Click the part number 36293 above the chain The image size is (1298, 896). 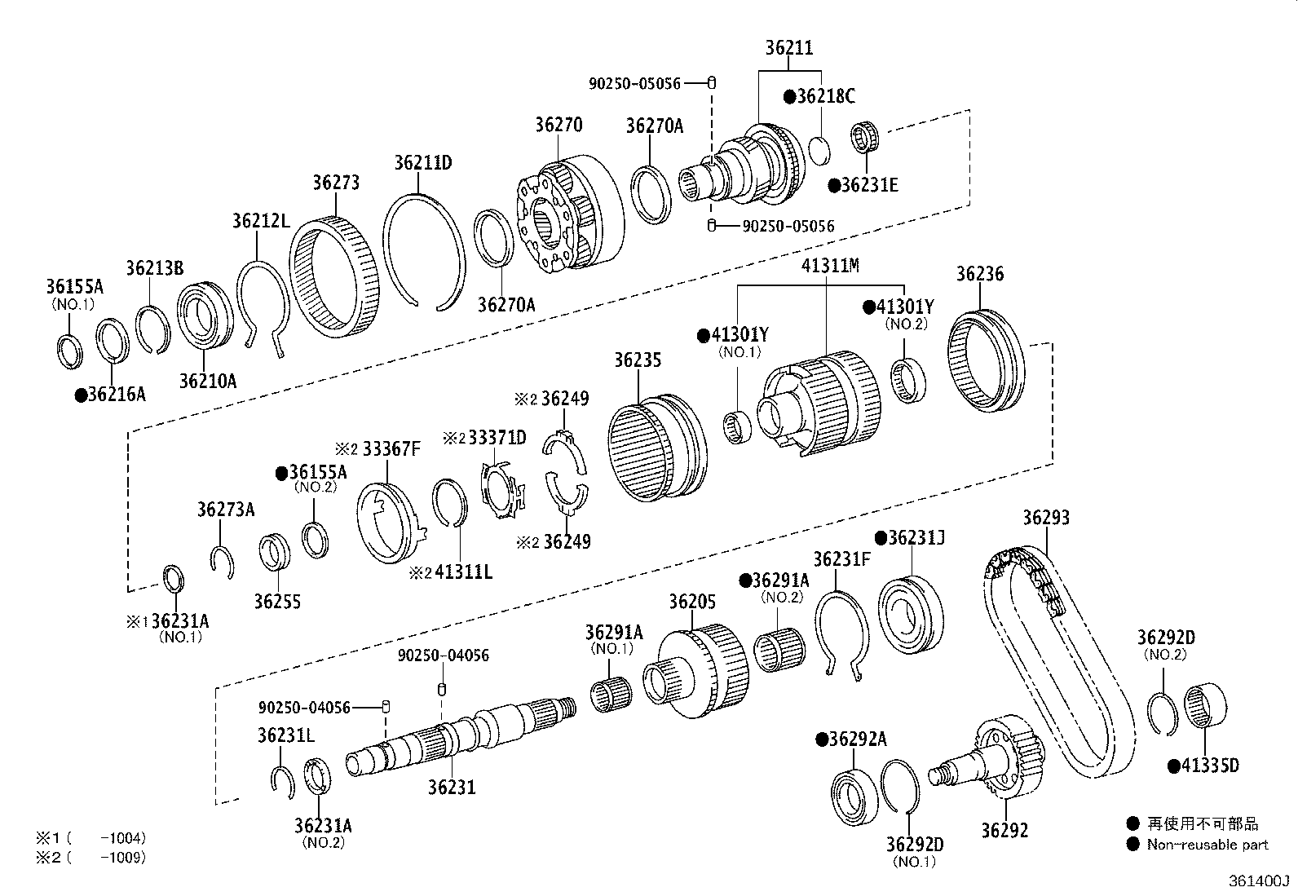click(x=1046, y=518)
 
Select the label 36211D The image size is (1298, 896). click(x=423, y=162)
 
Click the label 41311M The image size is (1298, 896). click(x=830, y=266)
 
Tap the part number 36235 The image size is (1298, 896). click(x=638, y=360)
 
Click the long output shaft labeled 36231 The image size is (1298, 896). click(x=457, y=734)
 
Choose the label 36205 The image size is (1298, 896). click(x=692, y=602)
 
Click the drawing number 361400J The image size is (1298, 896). click(x=1260, y=881)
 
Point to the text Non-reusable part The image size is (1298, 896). click(x=1207, y=845)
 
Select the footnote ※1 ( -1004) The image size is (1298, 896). click(x=90, y=837)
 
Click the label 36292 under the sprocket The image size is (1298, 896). click(x=1004, y=830)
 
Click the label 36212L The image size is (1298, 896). click(x=260, y=220)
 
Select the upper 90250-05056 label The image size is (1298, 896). click(x=634, y=83)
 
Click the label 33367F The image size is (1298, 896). click(x=391, y=448)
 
